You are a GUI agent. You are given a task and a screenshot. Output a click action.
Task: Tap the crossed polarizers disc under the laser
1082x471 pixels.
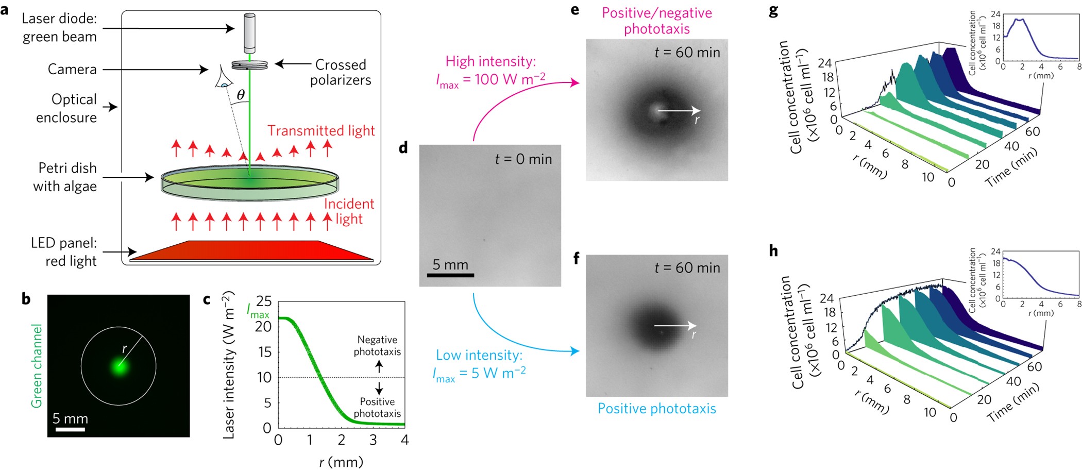[249, 65]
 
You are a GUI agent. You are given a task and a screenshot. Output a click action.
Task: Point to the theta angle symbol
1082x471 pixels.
[241, 95]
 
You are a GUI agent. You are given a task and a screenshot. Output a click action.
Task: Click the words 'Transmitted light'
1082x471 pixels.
[320, 131]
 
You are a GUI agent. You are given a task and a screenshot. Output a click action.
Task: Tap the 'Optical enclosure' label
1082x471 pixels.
[66, 108]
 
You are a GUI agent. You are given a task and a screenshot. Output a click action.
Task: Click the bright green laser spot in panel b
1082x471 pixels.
[120, 366]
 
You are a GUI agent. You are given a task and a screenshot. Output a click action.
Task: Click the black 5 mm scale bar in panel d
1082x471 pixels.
[450, 275]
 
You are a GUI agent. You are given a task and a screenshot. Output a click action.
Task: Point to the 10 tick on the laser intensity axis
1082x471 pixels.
[264, 378]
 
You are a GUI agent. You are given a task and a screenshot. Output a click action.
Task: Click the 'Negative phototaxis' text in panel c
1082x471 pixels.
[377, 346]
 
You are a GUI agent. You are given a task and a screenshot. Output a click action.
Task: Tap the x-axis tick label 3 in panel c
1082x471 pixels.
[373, 440]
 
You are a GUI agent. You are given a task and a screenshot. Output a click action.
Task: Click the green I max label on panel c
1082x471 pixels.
[258, 311]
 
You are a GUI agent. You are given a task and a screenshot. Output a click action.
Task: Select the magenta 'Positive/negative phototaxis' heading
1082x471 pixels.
[657, 21]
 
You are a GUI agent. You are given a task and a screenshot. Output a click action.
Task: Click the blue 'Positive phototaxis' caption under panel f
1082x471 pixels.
[656, 409]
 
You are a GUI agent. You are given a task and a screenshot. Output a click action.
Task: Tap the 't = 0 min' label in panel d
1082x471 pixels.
[523, 159]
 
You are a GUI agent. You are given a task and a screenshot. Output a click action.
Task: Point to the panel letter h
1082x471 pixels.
[773, 251]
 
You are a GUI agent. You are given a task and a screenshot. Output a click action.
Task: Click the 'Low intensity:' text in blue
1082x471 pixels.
[479, 355]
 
